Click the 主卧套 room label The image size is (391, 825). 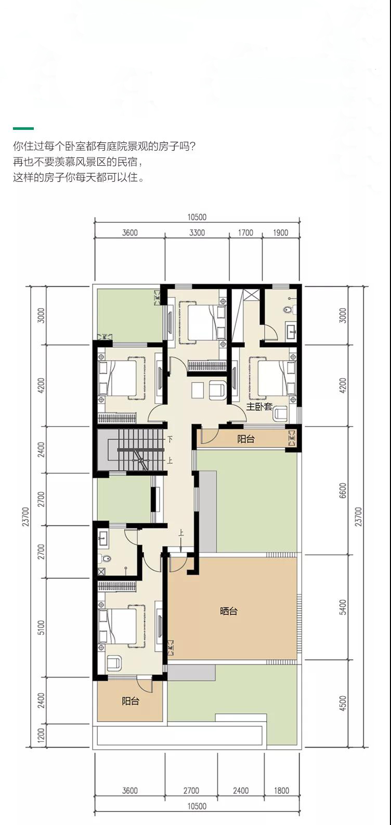pos(259,407)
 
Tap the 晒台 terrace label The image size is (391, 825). pos(228,611)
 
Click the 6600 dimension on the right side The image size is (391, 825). pos(343,490)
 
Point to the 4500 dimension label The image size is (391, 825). pos(343,703)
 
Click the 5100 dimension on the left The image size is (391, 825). pos(41,627)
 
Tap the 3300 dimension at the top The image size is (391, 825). pos(197,232)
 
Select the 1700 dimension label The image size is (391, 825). pos(245,232)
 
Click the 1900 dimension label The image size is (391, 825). pos(280,232)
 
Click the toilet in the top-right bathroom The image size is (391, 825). pos(289,310)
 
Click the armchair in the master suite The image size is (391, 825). pos(280,414)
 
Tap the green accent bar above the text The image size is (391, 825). pos(23,128)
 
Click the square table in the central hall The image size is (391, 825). pos(198,390)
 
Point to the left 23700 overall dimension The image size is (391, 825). pos(25,516)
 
